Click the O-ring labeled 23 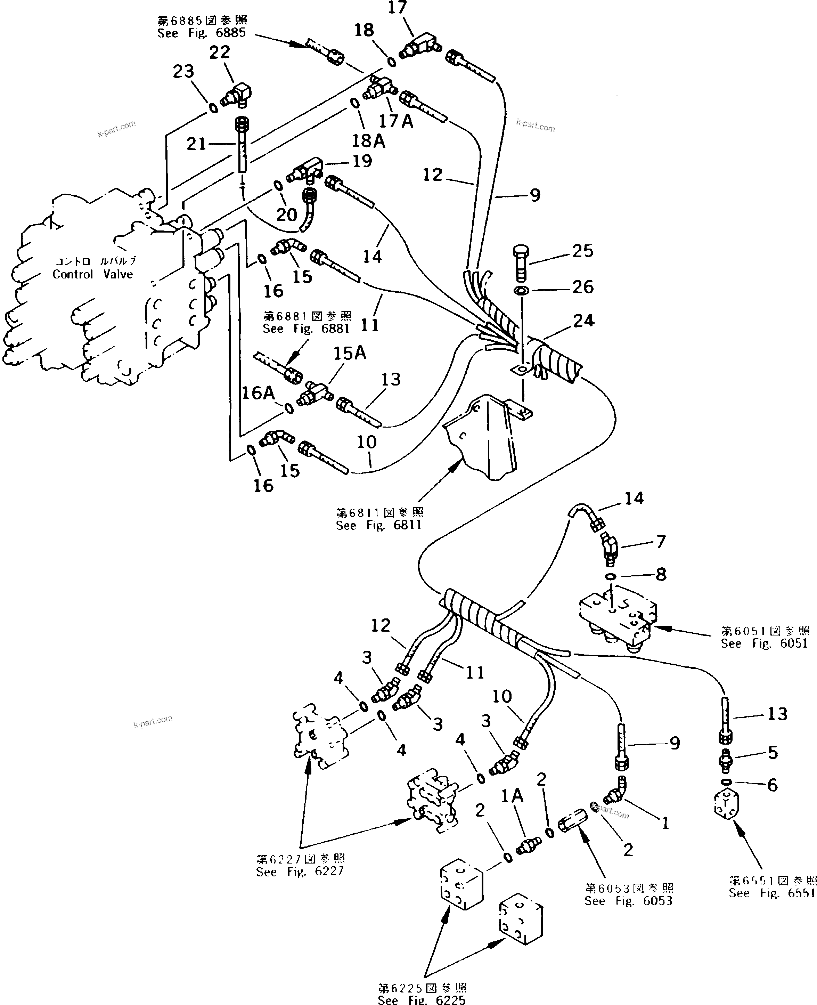click(213, 108)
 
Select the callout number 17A click(396, 121)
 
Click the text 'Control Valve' click(93, 274)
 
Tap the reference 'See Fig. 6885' click(202, 33)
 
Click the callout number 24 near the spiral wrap click(583, 321)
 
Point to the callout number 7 click(661, 542)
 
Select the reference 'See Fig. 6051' click(764, 643)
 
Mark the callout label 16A click(258, 392)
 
